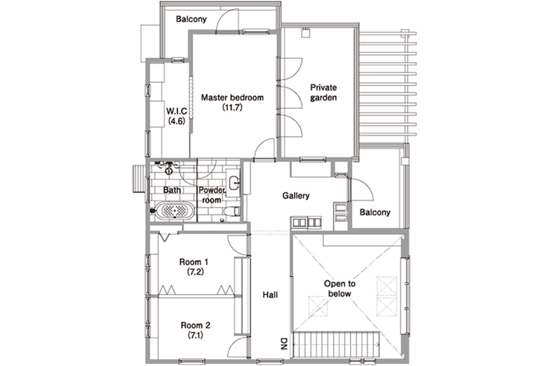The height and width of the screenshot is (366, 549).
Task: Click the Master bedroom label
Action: [232, 97]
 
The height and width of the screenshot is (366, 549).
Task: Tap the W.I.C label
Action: [177, 111]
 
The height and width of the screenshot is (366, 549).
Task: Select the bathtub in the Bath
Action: [175, 210]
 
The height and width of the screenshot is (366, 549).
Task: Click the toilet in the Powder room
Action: [232, 211]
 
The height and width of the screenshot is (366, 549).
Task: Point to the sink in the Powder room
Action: [234, 183]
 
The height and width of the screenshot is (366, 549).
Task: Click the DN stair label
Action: [284, 344]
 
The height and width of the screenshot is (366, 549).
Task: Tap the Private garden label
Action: [323, 93]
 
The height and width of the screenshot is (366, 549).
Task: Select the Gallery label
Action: [296, 196]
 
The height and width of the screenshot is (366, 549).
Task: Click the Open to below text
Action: [339, 289]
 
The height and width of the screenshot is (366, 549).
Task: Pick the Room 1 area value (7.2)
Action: [195, 272]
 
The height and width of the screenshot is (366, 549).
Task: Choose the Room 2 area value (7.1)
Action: [195, 335]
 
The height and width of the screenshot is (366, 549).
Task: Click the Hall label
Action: [270, 295]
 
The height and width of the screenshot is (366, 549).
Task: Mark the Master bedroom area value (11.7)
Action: [232, 108]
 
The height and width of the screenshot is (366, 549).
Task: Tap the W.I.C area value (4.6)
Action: [177, 121]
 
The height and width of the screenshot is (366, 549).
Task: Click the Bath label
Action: [172, 190]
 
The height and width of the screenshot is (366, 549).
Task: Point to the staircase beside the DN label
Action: [336, 344]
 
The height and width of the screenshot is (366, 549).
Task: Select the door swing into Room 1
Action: [237, 246]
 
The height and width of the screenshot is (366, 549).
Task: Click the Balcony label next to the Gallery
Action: [375, 212]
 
